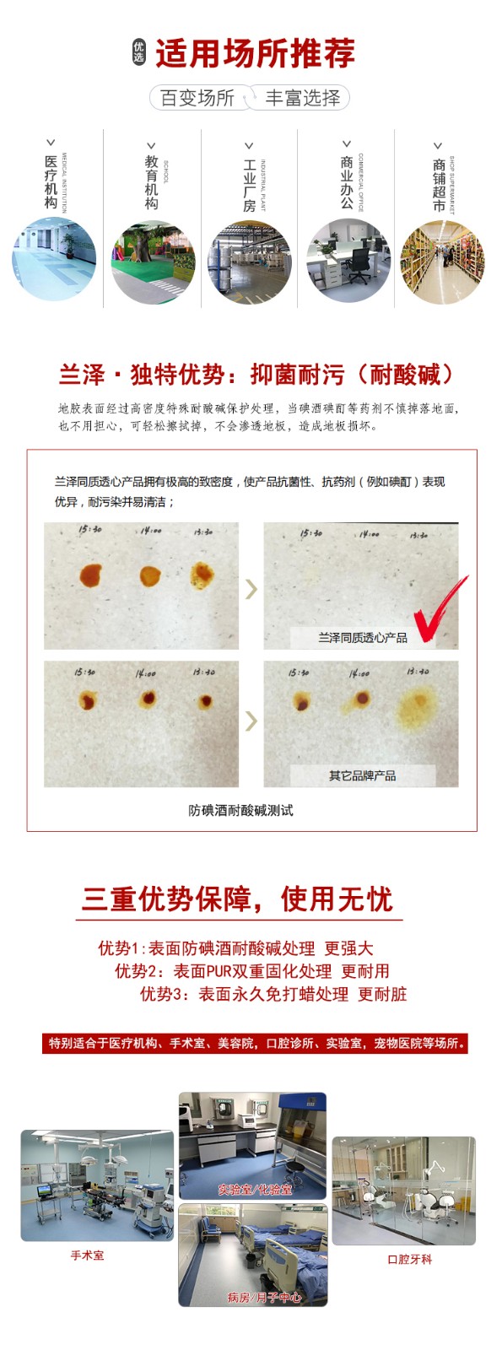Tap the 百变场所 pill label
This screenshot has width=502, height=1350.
(197, 98)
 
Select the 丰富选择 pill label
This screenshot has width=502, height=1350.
(303, 98)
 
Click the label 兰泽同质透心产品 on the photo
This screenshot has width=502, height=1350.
(362, 637)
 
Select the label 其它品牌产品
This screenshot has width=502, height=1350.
(362, 775)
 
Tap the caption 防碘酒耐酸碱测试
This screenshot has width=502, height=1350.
(240, 810)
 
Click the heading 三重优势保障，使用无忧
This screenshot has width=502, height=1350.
(239, 899)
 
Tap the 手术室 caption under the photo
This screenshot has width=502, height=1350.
(88, 1255)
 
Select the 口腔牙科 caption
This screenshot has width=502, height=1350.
(409, 1259)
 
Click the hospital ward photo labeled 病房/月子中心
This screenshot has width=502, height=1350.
(252, 1254)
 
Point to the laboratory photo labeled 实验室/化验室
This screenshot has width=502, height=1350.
(252, 1143)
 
